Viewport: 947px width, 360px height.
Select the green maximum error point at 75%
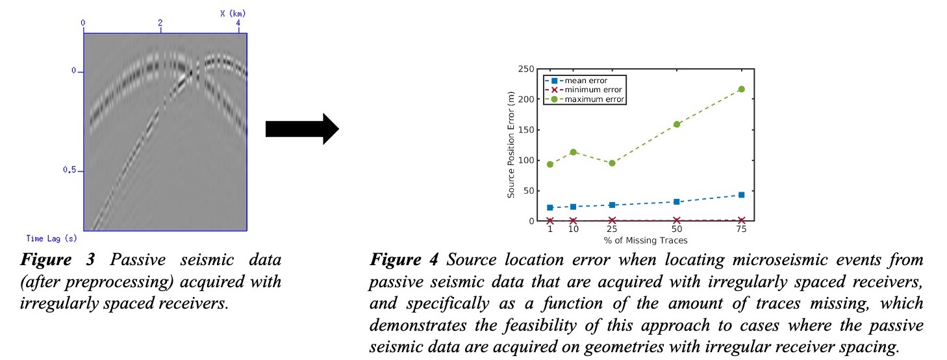(x=741, y=89)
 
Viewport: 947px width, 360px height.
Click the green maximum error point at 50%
(x=677, y=124)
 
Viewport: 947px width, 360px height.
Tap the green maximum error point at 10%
(x=573, y=152)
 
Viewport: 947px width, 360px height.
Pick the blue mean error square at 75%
(x=741, y=195)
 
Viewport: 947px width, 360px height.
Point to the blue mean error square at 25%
(x=612, y=205)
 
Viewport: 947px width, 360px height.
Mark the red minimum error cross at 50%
(x=677, y=220)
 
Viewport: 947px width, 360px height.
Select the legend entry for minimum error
(x=585, y=90)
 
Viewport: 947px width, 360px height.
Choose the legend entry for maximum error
(x=585, y=99)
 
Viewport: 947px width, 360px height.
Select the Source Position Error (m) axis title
(x=512, y=145)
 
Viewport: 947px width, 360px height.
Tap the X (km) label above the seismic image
(x=232, y=13)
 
